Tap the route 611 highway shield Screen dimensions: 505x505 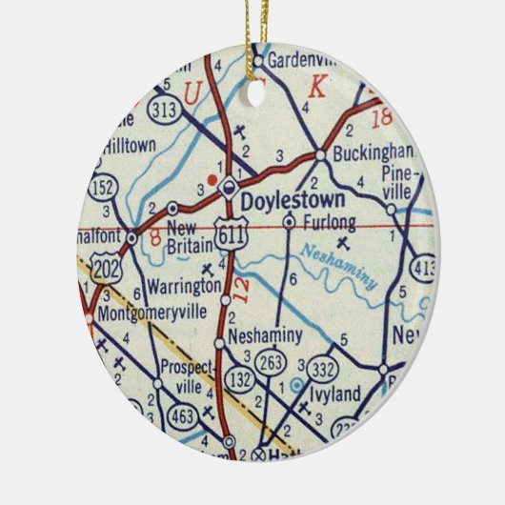227,239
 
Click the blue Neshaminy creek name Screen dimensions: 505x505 340,266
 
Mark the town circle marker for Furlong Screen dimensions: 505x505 289,222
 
